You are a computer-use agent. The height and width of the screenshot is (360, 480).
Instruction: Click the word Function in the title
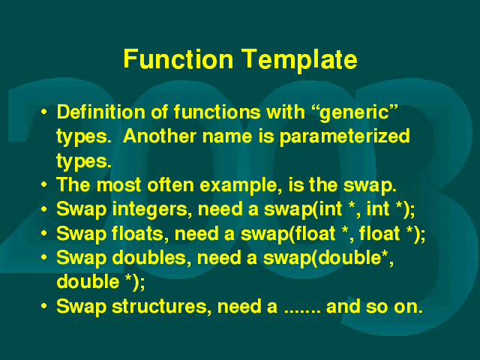coord(178,58)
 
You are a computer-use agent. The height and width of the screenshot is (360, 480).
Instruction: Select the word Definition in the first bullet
coord(101,112)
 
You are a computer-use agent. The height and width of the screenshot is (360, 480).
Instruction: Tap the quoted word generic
coord(358,113)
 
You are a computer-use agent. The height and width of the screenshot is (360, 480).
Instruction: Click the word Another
coord(160,136)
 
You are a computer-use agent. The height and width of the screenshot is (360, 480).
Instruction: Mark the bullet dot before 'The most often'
coord(44,185)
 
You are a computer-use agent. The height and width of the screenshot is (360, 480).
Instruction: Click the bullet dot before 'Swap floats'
coord(44,233)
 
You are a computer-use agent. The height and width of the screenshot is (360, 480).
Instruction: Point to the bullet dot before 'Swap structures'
coord(44,306)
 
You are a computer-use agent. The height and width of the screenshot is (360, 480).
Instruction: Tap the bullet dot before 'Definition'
coord(44,112)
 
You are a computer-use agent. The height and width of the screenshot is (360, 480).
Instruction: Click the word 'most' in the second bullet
coord(118,185)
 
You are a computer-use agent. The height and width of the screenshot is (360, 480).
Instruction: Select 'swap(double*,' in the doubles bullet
coord(328,259)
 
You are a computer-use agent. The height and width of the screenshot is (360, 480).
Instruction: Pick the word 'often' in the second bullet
coord(170,185)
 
